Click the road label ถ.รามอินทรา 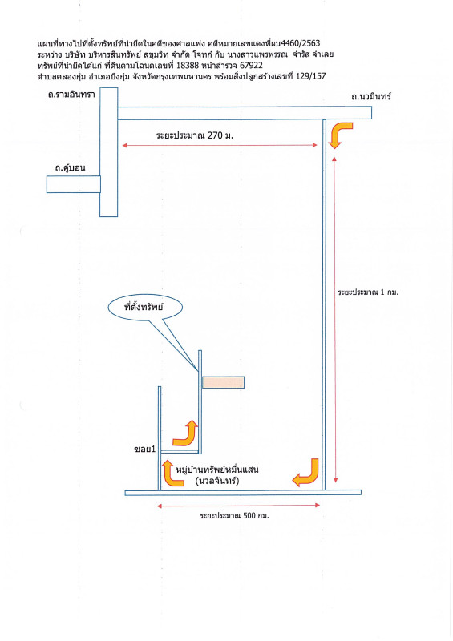pyautogui.click(x=71, y=95)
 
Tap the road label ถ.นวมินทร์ pyautogui.click(x=371, y=96)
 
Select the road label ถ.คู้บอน pyautogui.click(x=71, y=167)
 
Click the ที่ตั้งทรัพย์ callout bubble pyautogui.click(x=145, y=308)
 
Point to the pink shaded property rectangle pyautogui.click(x=223, y=383)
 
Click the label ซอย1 pyautogui.click(x=145, y=449)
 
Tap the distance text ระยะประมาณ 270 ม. pyautogui.click(x=194, y=135)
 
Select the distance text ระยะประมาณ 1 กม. pyautogui.click(x=368, y=292)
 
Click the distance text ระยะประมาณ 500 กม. pyautogui.click(x=234, y=515)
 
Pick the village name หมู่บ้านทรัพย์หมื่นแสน pyautogui.click(x=217, y=470)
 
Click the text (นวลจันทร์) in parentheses pyautogui.click(x=217, y=481)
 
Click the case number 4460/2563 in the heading pyautogui.click(x=301, y=43)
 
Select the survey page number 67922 pyautogui.click(x=251, y=65)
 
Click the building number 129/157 pyautogui.click(x=310, y=76)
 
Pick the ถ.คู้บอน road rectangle pyautogui.click(x=74, y=184)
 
